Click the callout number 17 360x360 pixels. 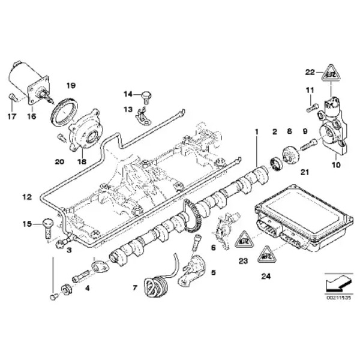coord(10,117)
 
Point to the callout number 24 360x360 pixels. coord(266,277)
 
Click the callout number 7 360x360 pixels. coord(135,289)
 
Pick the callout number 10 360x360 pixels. coord(335,163)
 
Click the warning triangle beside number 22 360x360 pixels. coord(330,73)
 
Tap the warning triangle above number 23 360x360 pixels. coord(243,239)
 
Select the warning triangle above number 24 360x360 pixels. coord(266,254)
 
